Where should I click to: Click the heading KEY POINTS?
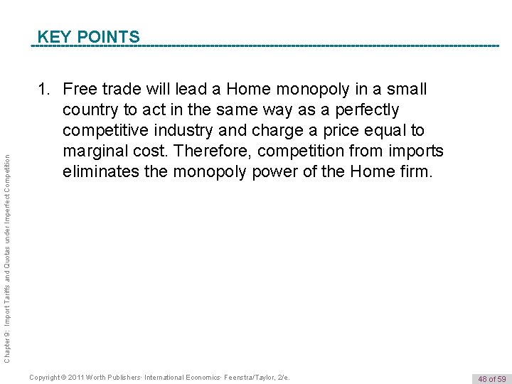click(x=88, y=36)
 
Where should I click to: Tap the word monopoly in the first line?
click(x=310, y=90)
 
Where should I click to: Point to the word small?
click(x=406, y=90)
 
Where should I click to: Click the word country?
click(x=89, y=110)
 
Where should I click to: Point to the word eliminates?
click(x=100, y=171)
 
